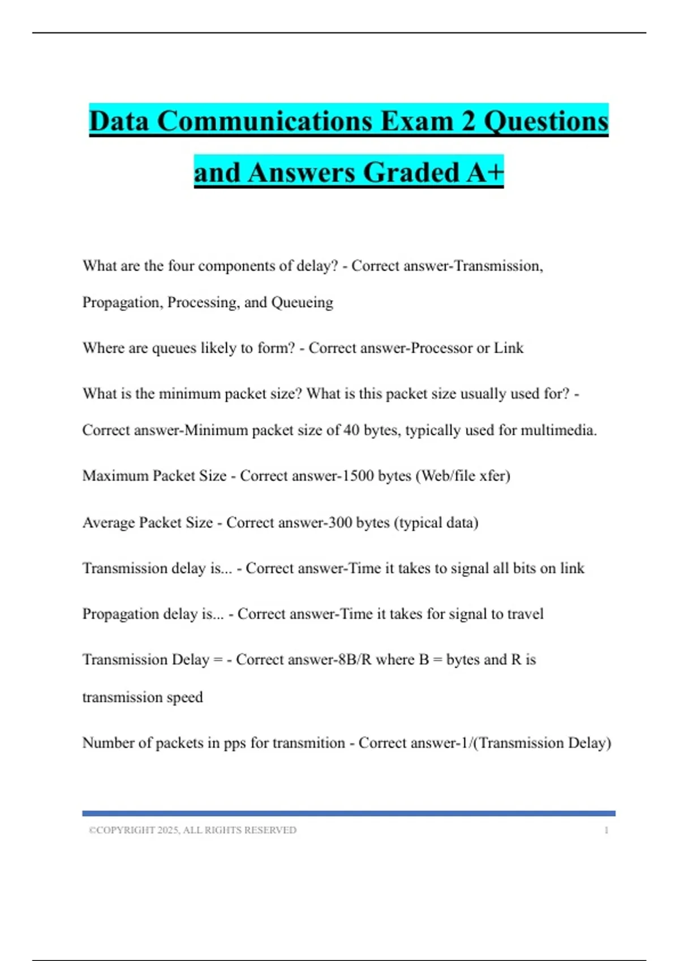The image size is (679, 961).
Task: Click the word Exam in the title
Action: [x=417, y=121]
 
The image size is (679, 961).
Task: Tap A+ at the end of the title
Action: [x=485, y=172]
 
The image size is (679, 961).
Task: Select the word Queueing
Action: [x=302, y=302]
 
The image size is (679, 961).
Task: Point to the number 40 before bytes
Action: [x=351, y=430]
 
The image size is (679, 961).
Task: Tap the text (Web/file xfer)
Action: [x=463, y=476]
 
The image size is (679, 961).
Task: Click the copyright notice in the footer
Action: [x=192, y=830]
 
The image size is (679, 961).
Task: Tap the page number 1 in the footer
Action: [x=606, y=830]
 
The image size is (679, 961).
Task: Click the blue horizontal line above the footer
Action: [x=349, y=813]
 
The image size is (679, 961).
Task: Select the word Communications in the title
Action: [x=264, y=121]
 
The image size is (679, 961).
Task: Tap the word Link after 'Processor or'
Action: [x=509, y=348]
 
